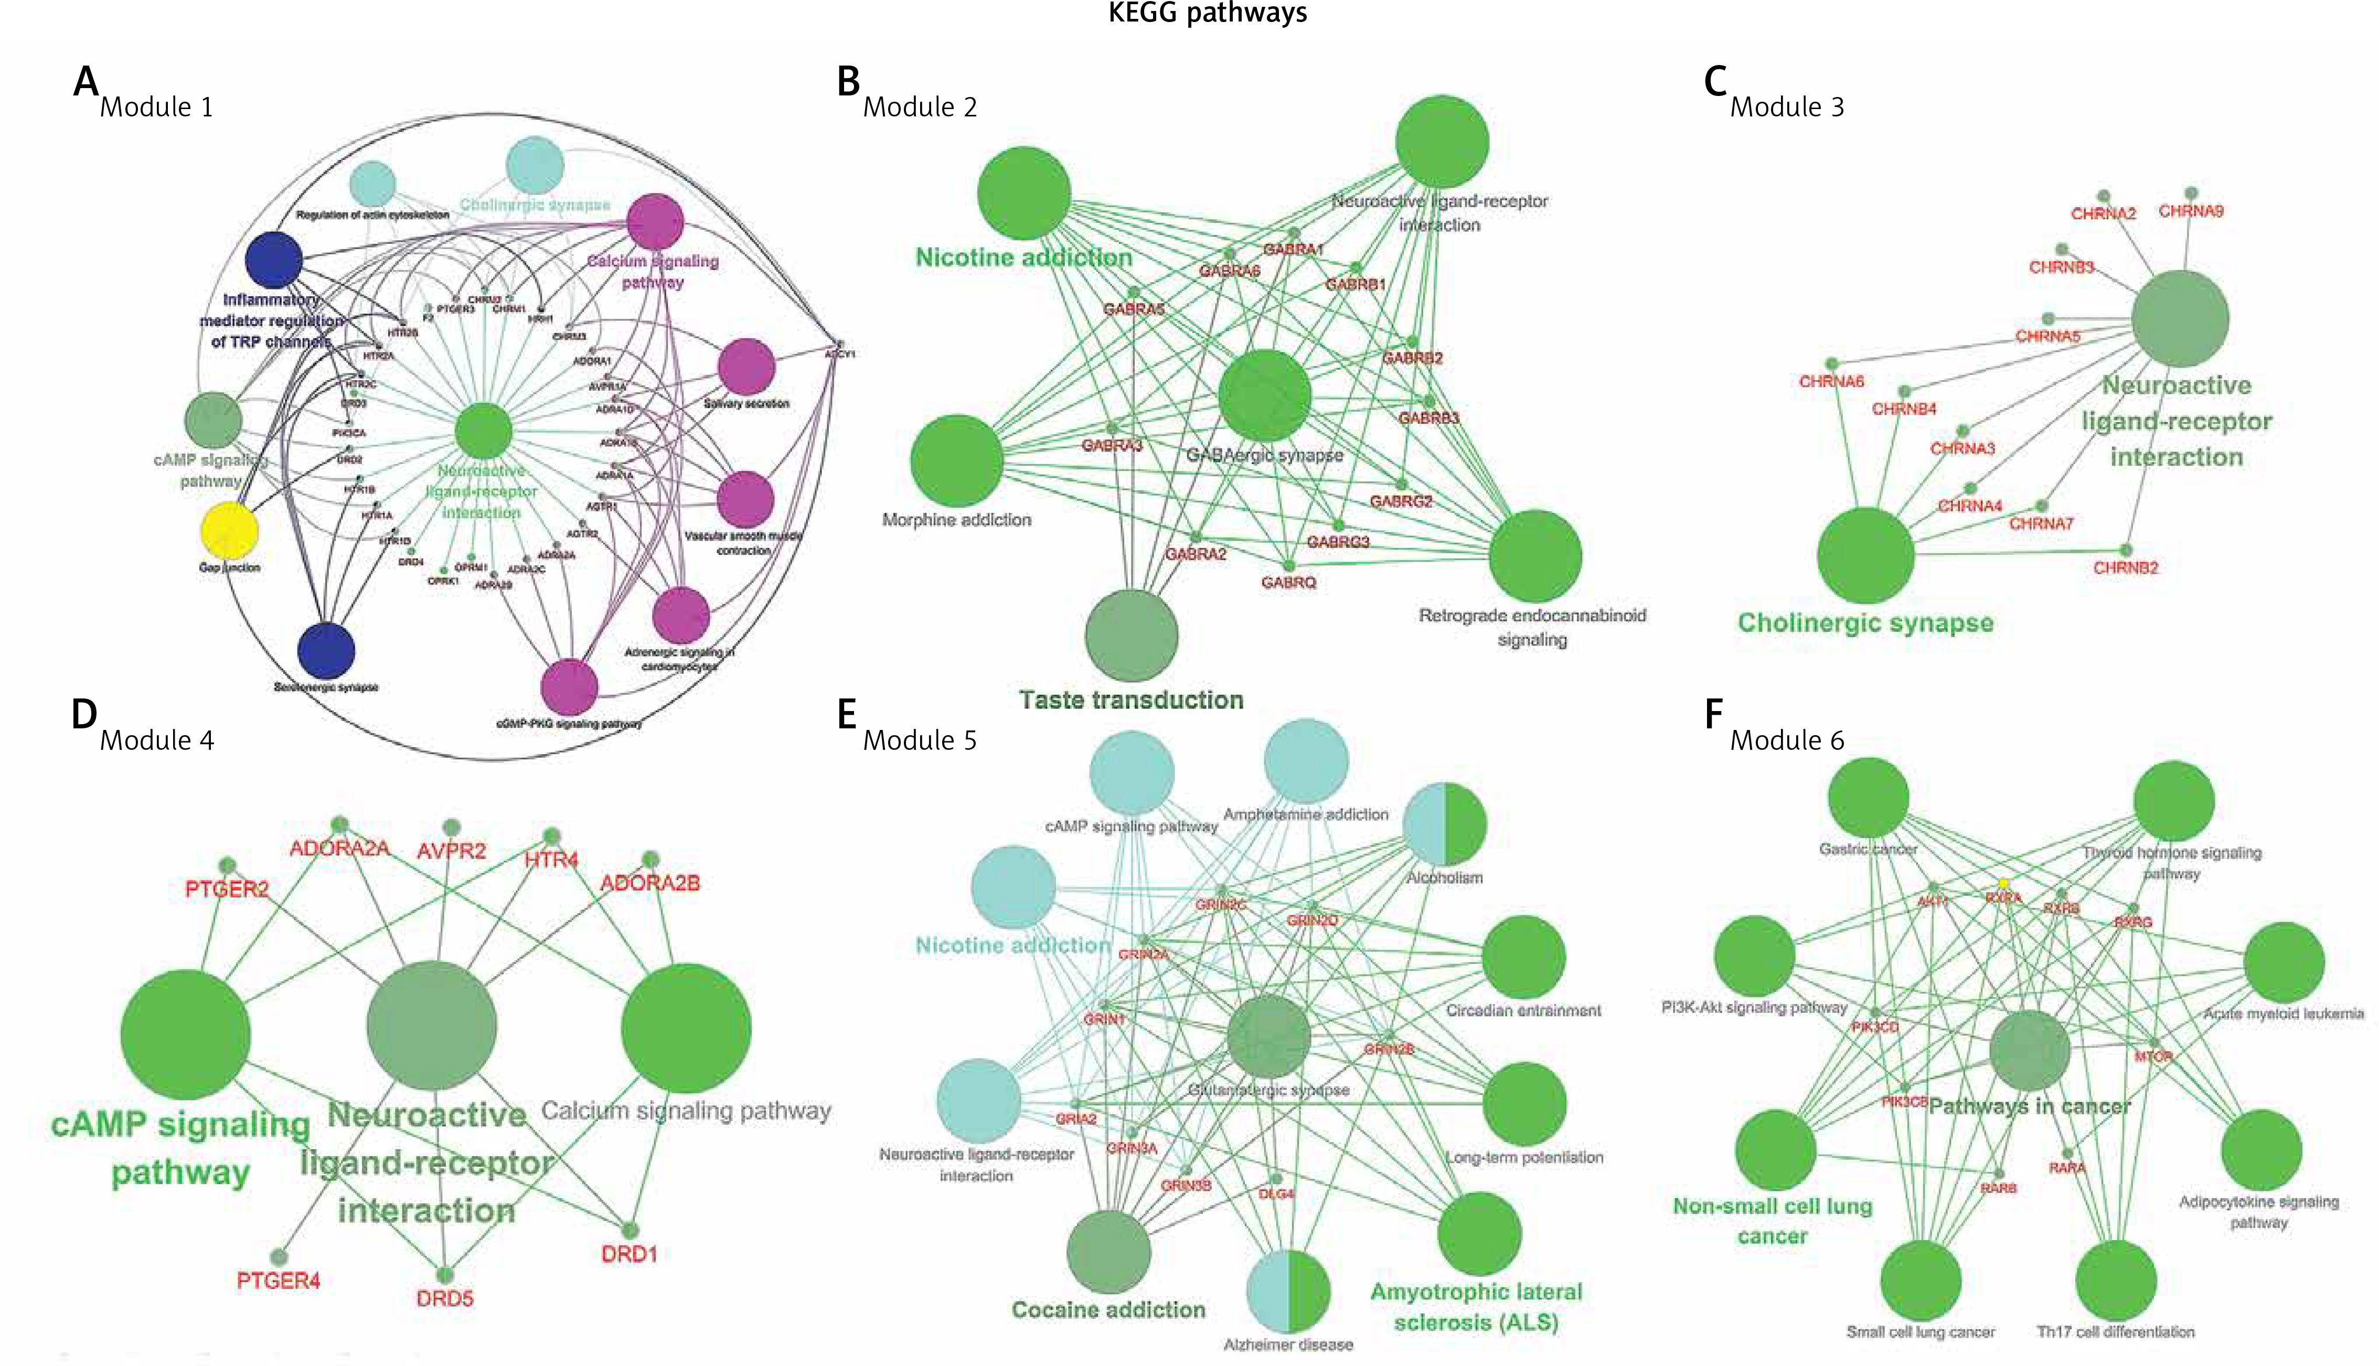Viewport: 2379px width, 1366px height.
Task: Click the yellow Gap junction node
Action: pyautogui.click(x=230, y=530)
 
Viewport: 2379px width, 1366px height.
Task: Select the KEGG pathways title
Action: pyautogui.click(x=1208, y=13)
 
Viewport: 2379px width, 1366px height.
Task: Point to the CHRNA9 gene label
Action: pyautogui.click(x=2190, y=211)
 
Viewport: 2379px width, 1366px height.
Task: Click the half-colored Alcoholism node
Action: pyautogui.click(x=1444, y=824)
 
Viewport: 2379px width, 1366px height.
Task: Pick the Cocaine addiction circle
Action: pyautogui.click(x=1108, y=1252)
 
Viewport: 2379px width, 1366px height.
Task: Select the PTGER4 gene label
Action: pyautogui.click(x=278, y=1281)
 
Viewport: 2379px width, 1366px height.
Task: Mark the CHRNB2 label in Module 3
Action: pyautogui.click(x=2126, y=567)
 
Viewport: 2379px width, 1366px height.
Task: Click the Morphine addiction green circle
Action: pyautogui.click(x=956, y=460)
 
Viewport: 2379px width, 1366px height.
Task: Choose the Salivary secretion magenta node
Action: pyautogui.click(x=746, y=366)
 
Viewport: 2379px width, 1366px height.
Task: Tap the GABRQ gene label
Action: pyautogui.click(x=1288, y=583)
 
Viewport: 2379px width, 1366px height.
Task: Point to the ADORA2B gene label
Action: pyautogui.click(x=649, y=883)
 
